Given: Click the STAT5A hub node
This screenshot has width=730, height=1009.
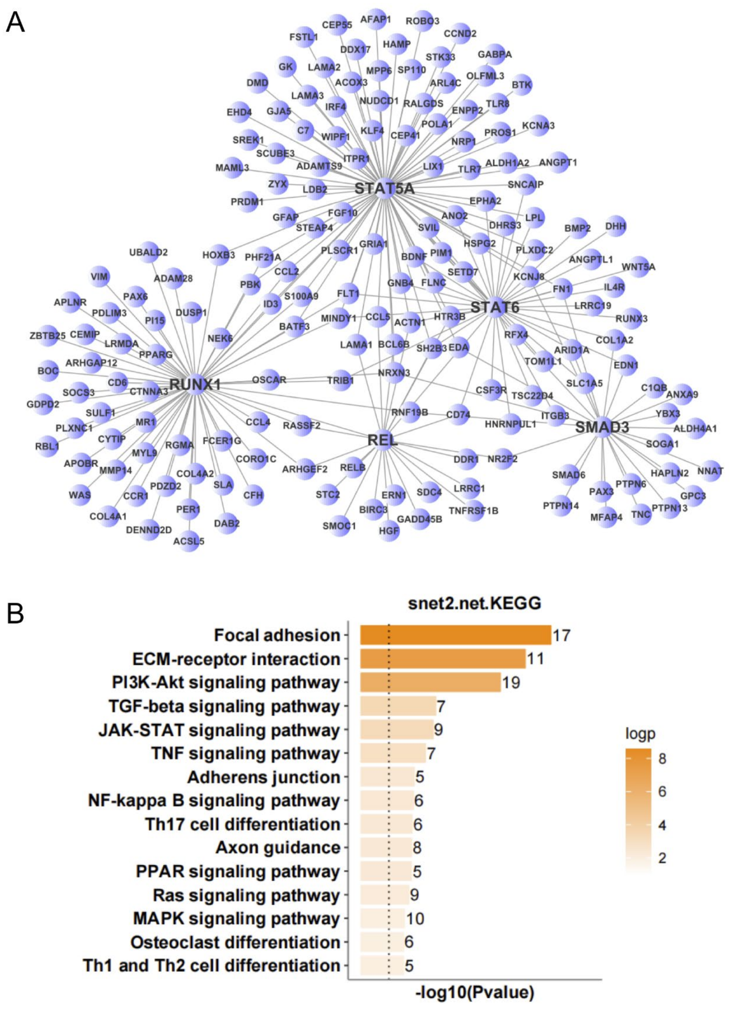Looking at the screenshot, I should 384,189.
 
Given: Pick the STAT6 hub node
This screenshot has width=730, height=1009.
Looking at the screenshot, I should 495,307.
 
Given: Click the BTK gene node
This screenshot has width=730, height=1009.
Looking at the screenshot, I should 521,84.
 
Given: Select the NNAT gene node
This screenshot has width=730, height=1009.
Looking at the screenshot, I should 710,470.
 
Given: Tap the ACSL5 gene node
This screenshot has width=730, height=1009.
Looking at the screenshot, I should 189,541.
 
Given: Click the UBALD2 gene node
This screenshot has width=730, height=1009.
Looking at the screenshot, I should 149,253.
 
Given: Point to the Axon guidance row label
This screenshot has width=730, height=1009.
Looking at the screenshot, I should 278,848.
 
